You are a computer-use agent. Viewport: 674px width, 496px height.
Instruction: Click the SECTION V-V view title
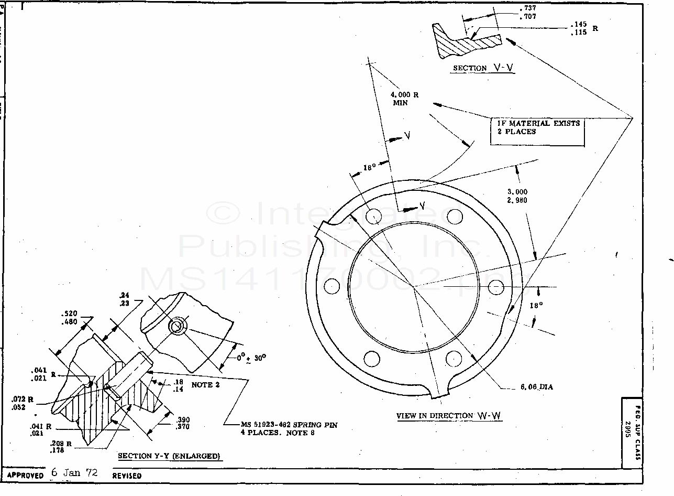(x=483, y=68)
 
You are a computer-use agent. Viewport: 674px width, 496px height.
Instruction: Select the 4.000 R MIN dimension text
(x=404, y=99)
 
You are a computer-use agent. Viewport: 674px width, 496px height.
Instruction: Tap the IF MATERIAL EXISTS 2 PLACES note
(x=535, y=127)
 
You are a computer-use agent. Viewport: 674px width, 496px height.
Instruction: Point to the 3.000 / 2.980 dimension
(x=517, y=196)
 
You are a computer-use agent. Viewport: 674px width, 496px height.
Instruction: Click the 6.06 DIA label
(x=536, y=387)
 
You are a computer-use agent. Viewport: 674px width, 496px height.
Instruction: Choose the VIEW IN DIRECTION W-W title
(x=449, y=416)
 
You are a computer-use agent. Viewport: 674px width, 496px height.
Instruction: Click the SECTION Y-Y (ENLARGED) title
(x=169, y=456)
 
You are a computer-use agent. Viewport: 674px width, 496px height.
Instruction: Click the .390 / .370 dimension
(x=183, y=423)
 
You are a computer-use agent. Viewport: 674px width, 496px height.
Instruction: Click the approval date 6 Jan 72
(x=74, y=472)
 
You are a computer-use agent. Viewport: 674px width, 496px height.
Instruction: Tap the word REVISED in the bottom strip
(x=127, y=476)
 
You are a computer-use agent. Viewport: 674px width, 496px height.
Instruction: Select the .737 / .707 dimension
(x=527, y=13)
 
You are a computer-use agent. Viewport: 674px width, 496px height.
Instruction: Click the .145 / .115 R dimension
(x=580, y=29)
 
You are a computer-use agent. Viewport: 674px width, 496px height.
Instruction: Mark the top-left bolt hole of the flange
(x=373, y=216)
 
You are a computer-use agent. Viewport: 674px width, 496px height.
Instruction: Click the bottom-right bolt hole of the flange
(x=454, y=359)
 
